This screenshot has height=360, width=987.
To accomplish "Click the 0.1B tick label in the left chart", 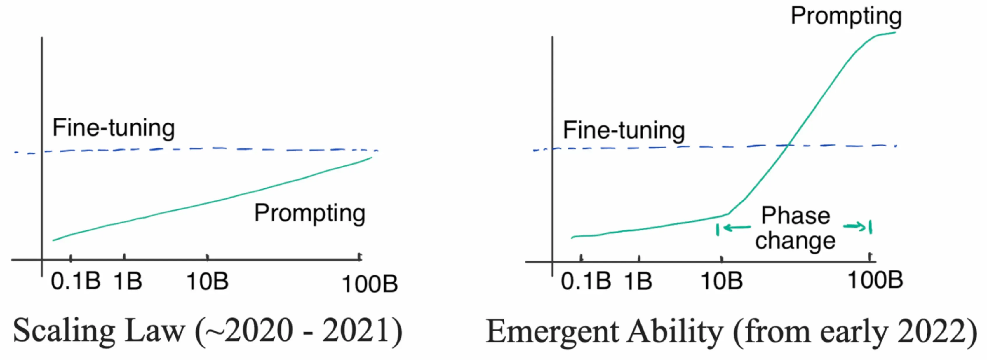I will click(x=76, y=281).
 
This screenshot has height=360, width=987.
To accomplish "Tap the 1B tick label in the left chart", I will click(x=128, y=281).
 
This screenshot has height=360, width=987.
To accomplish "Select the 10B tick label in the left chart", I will click(x=207, y=281).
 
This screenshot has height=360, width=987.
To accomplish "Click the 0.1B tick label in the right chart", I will click(x=586, y=281).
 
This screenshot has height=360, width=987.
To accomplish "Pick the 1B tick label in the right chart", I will click(x=638, y=281).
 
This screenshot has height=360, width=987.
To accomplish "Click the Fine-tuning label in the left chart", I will click(x=113, y=127).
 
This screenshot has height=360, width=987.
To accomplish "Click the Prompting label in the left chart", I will click(x=309, y=213).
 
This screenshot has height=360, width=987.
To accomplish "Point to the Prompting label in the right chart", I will click(x=846, y=16).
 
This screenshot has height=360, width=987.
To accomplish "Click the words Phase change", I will click(x=795, y=228).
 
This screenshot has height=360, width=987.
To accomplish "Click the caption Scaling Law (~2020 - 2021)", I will click(x=207, y=331).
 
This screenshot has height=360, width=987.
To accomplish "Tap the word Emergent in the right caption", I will click(x=552, y=332).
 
